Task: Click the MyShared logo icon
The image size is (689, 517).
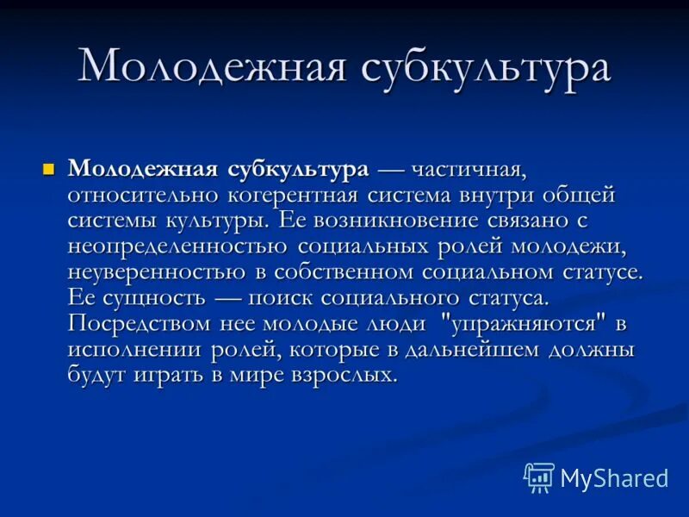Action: coord(539,477)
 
